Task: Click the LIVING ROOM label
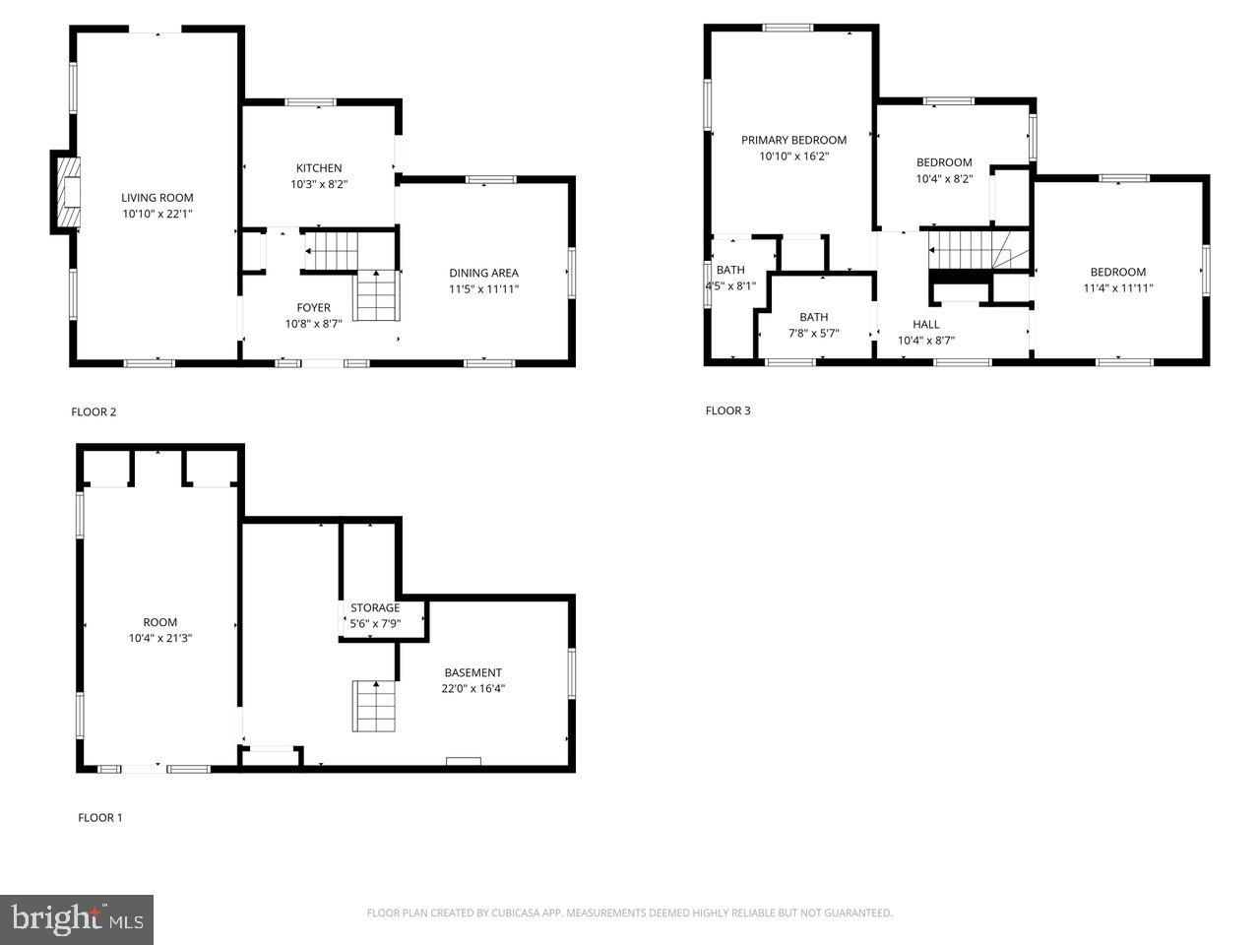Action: (157, 198)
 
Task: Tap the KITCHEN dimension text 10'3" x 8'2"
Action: (319, 184)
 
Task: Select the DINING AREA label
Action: (483, 273)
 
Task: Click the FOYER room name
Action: (313, 307)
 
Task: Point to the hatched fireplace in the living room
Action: (68, 192)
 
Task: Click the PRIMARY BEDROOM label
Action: (793, 140)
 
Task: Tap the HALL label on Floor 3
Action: (926, 324)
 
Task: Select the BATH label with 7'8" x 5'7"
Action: (813, 317)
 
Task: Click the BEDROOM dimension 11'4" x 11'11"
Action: (1117, 288)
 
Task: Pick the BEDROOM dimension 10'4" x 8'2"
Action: (944, 178)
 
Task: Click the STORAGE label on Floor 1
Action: (375, 607)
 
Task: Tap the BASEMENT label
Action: (473, 672)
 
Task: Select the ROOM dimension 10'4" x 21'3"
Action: (160, 638)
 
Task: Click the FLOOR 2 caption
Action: (94, 412)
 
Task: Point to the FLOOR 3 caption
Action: (727, 410)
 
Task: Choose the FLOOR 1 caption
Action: (99, 818)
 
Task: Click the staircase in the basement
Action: (374, 707)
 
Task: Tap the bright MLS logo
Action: (77, 918)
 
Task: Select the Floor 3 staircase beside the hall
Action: (978, 250)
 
